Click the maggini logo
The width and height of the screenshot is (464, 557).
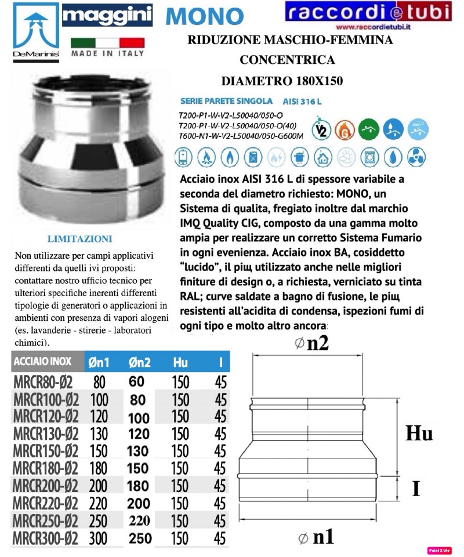tap(108, 16)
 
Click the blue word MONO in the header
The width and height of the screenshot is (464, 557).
tap(204, 16)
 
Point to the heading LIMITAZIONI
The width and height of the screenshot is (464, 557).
tap(79, 238)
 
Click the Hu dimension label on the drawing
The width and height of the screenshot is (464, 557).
tap(419, 434)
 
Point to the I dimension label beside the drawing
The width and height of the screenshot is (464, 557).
tap(415, 489)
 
